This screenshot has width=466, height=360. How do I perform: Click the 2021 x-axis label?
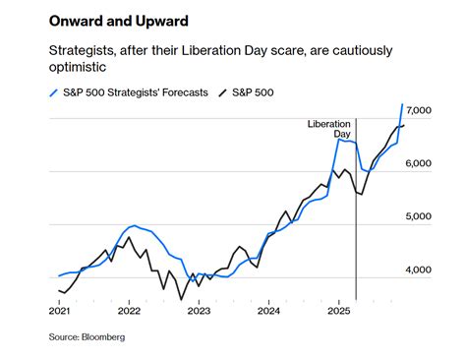[x=60, y=311]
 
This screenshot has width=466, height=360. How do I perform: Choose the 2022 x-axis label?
[x=129, y=311]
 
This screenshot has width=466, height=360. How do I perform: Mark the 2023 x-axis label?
[x=199, y=311]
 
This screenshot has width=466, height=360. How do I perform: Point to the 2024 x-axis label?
[x=268, y=311]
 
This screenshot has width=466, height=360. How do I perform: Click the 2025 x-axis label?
[x=338, y=311]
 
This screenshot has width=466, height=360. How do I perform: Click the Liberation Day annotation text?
[x=330, y=128]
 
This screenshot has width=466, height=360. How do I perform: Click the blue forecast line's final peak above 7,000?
[x=403, y=104]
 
